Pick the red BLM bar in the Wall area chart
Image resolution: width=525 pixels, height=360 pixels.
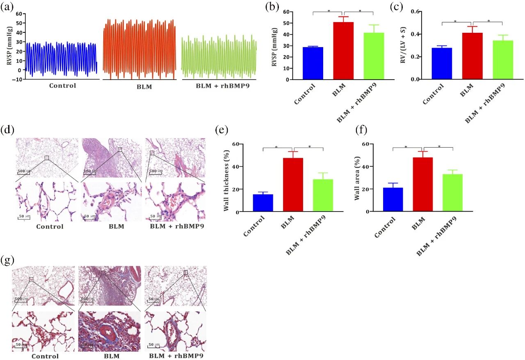(422, 185)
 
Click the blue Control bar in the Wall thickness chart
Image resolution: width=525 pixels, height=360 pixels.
(263, 203)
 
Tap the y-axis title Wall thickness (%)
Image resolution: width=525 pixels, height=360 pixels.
(226, 178)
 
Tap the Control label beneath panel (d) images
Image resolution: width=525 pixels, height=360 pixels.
(50, 226)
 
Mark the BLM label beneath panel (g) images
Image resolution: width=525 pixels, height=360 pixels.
(111, 356)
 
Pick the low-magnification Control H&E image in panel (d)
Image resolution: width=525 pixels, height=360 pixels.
(47, 157)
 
